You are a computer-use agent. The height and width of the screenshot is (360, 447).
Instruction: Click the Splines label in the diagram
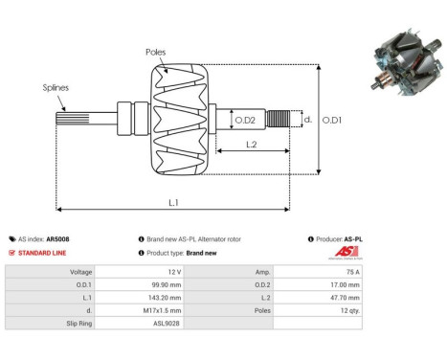55,87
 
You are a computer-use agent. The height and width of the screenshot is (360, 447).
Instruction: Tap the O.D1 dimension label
332,120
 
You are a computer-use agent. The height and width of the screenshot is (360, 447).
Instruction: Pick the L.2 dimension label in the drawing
252,144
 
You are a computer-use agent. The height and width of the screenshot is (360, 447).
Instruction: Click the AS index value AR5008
57,239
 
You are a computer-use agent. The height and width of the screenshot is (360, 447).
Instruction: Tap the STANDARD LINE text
40,253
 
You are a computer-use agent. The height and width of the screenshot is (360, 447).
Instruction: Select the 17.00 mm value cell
339,284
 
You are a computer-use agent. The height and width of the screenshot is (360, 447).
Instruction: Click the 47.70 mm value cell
339,297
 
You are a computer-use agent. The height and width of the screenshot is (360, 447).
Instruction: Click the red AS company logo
346,252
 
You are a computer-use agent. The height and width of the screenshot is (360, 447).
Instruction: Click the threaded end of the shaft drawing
279,120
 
